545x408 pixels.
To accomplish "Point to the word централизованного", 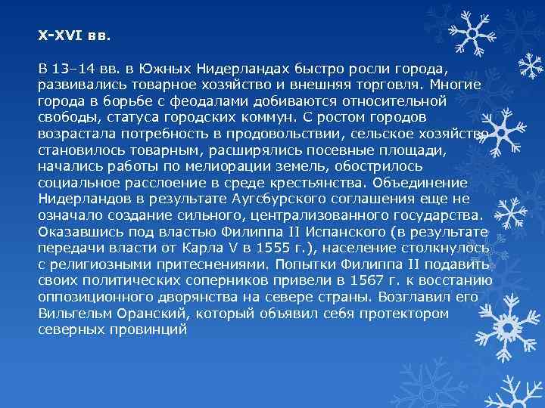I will [x=315, y=215].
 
